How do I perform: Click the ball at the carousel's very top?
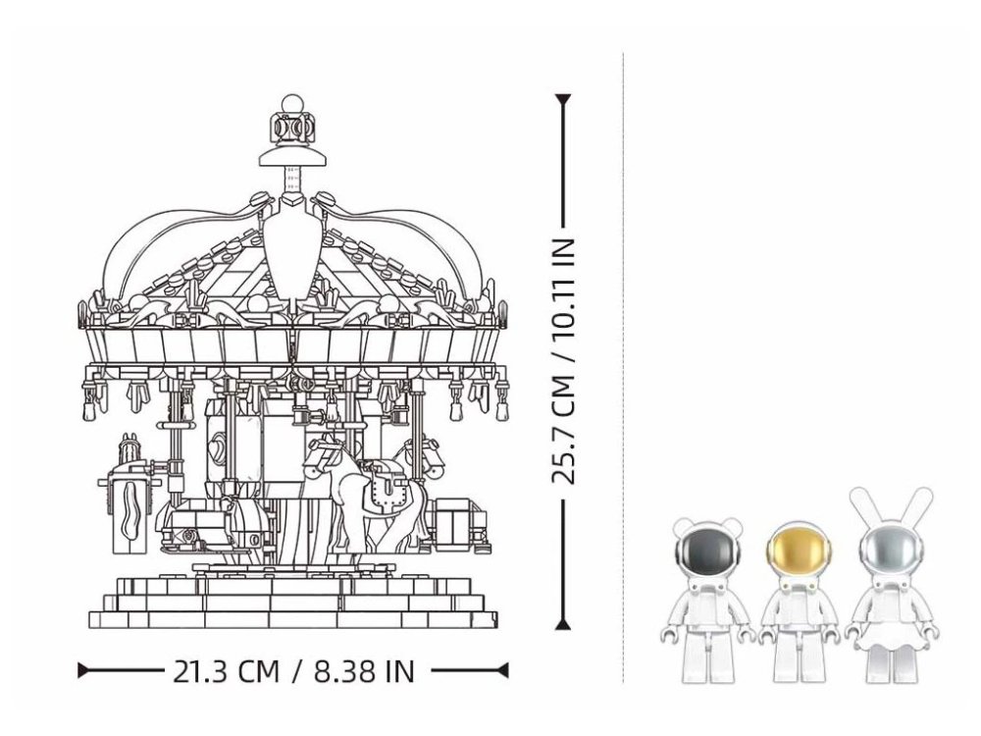pos(292,105)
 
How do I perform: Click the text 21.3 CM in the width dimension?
pos(226,671)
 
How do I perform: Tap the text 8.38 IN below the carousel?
pos(364,671)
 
